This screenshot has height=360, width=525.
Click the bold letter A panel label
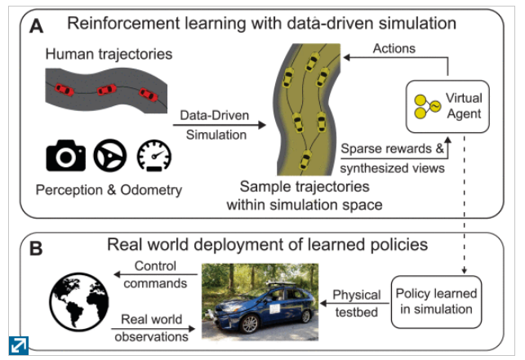(x=37, y=26)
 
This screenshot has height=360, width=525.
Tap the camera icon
(x=65, y=156)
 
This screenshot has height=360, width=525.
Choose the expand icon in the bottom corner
(x=17, y=345)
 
